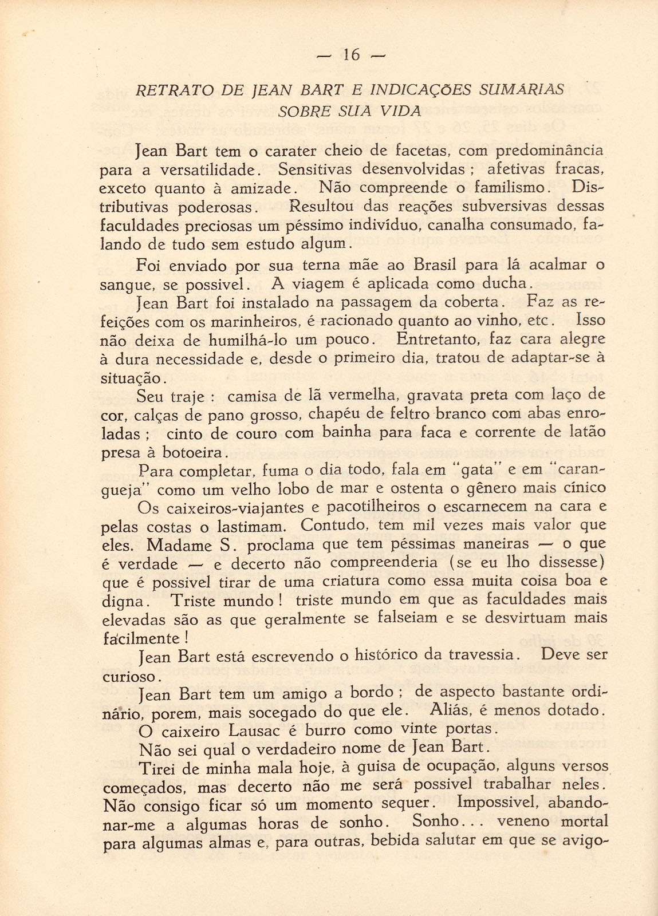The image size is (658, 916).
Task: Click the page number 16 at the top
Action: click(352, 55)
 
